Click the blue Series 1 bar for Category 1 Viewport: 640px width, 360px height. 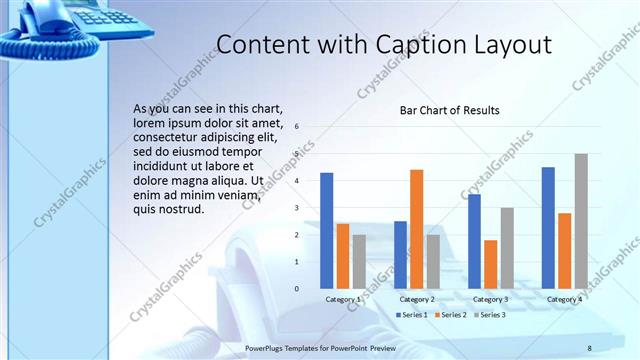pos(326,230)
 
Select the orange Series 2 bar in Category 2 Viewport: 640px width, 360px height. pos(416,228)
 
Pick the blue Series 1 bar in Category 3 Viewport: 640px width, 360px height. pos(474,240)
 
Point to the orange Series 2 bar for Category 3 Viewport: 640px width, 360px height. pos(490,263)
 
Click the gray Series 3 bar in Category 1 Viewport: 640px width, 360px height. pos(359,261)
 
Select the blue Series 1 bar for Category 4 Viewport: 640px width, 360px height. pos(548,227)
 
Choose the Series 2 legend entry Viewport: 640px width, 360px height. pos(450,315)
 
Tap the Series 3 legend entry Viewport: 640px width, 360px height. pos(489,315)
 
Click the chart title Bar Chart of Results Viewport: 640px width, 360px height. pos(449,110)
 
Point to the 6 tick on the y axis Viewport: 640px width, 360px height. pos(296,127)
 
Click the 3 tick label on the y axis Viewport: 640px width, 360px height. pos(296,208)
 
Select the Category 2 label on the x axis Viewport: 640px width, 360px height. pos(417,299)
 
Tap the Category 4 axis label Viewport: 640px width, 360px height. pos(565,299)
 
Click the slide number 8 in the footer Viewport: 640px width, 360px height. pos(589,347)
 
